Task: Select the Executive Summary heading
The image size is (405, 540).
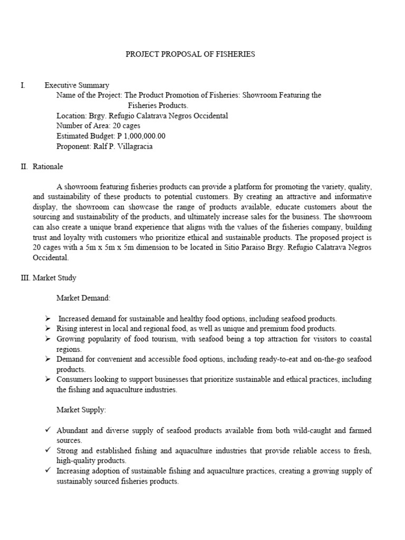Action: pyautogui.click(x=77, y=85)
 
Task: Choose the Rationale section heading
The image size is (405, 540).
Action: pyautogui.click(x=47, y=167)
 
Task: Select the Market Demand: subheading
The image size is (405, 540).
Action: pyautogui.click(x=83, y=298)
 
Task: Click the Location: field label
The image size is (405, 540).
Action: pyautogui.click(x=71, y=115)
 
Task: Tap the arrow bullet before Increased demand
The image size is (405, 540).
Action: pyautogui.click(x=47, y=319)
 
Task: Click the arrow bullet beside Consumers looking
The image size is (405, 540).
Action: pyautogui.click(x=47, y=379)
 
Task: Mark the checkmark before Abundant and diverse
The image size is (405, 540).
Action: pyautogui.click(x=47, y=430)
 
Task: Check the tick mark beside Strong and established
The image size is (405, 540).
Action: pyautogui.click(x=47, y=450)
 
